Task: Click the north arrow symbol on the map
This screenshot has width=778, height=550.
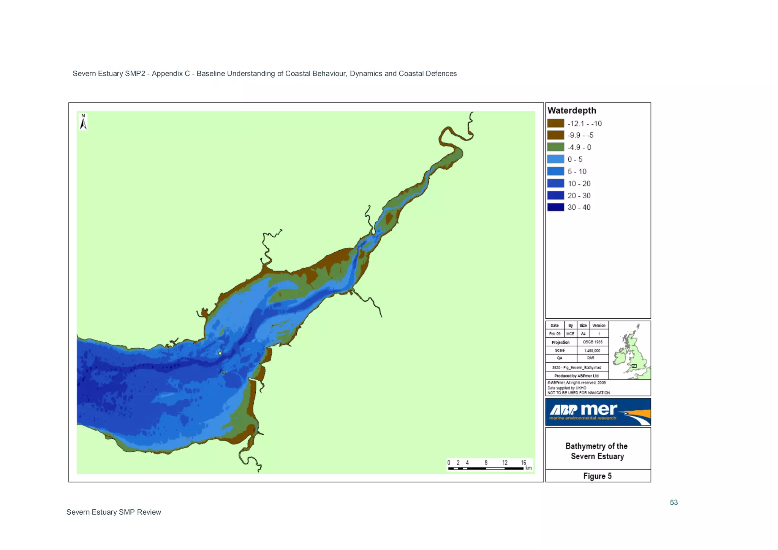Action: pos(83,122)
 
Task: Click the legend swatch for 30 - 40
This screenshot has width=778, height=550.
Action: pos(555,207)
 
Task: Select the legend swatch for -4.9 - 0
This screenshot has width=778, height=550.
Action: pos(555,147)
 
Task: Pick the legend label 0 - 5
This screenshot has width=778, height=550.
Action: pos(575,160)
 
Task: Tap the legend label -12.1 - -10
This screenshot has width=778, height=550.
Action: pos(584,123)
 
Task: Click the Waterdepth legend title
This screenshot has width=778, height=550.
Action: pos(572,111)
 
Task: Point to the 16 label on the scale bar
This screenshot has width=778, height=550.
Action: pos(523,462)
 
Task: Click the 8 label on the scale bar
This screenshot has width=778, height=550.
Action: pos(486,462)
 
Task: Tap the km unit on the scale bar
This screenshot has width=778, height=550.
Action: pos(528,468)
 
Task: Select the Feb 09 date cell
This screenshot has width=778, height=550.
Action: pos(555,334)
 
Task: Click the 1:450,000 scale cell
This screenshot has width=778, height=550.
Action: pos(592,351)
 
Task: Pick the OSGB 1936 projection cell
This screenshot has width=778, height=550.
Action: pos(592,342)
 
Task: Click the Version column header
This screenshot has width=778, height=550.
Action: pos(599,326)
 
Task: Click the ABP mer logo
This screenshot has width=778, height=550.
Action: pos(598,412)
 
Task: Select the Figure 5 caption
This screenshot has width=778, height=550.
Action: pos(597,476)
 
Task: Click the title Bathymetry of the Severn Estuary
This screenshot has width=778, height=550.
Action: pos(597,451)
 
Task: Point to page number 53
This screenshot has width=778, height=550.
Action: pos(674,503)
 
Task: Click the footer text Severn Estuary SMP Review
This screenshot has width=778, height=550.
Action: pos(114,512)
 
